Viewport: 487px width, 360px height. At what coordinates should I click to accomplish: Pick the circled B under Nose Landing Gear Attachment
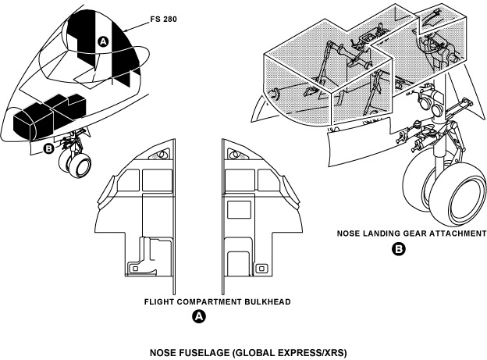(x=400, y=250)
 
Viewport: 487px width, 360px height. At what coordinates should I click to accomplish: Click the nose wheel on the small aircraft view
(x=78, y=164)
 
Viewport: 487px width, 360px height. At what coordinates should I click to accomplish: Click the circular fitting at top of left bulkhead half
(x=162, y=155)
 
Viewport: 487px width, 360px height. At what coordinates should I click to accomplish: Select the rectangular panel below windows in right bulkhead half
(x=234, y=209)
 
